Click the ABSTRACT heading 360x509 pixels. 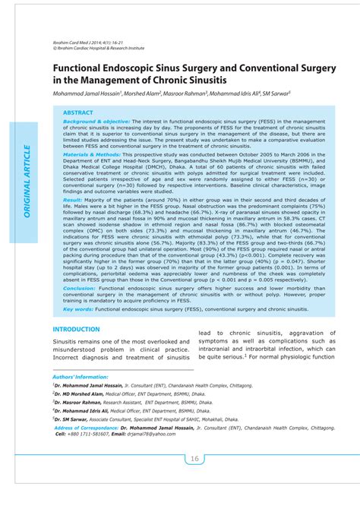click(x=78, y=112)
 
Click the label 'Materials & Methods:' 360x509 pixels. click(x=92, y=153)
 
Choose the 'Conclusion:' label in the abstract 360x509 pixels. click(x=79, y=289)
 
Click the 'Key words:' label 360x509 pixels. click(x=78, y=309)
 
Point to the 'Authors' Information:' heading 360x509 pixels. click(x=81, y=377)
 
